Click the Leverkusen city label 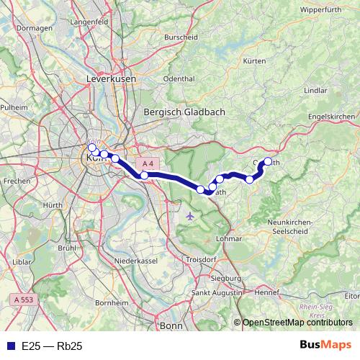click(106, 77)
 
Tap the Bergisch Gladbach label click(185, 112)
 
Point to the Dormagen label click(30, 28)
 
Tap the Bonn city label click(171, 325)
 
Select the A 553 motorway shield click(24, 299)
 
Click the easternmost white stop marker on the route click(269, 162)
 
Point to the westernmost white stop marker click(91, 148)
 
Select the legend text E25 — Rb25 click(52, 346)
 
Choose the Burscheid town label click(181, 36)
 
